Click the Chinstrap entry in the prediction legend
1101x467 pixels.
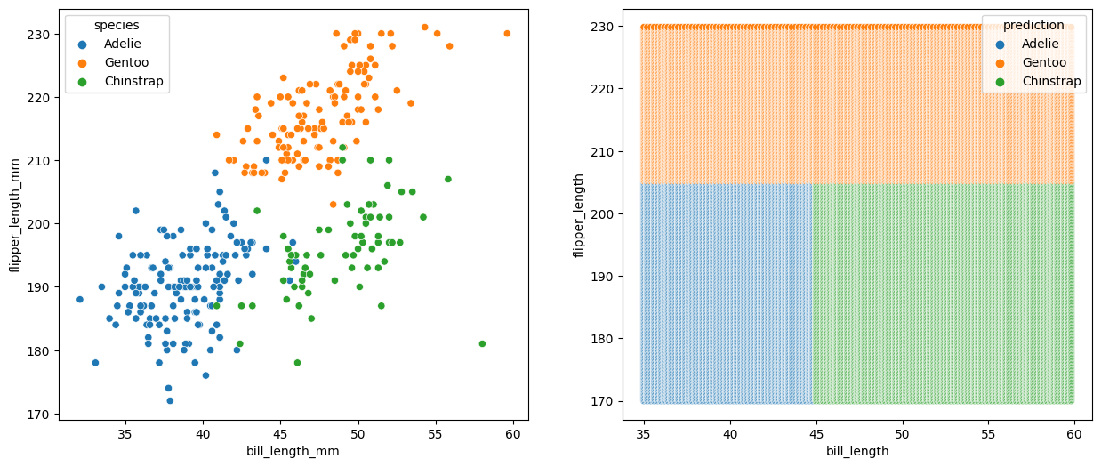click(1051, 81)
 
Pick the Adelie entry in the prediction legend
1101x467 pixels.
click(1040, 43)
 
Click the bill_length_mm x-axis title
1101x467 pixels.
click(293, 451)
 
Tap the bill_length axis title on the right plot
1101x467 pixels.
click(856, 451)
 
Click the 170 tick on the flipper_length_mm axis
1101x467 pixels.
click(41, 414)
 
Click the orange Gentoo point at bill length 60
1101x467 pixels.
click(507, 34)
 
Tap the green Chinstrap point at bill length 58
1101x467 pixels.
click(482, 343)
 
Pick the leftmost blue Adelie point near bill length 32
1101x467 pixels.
click(80, 300)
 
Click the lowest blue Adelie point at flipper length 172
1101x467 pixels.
click(170, 400)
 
